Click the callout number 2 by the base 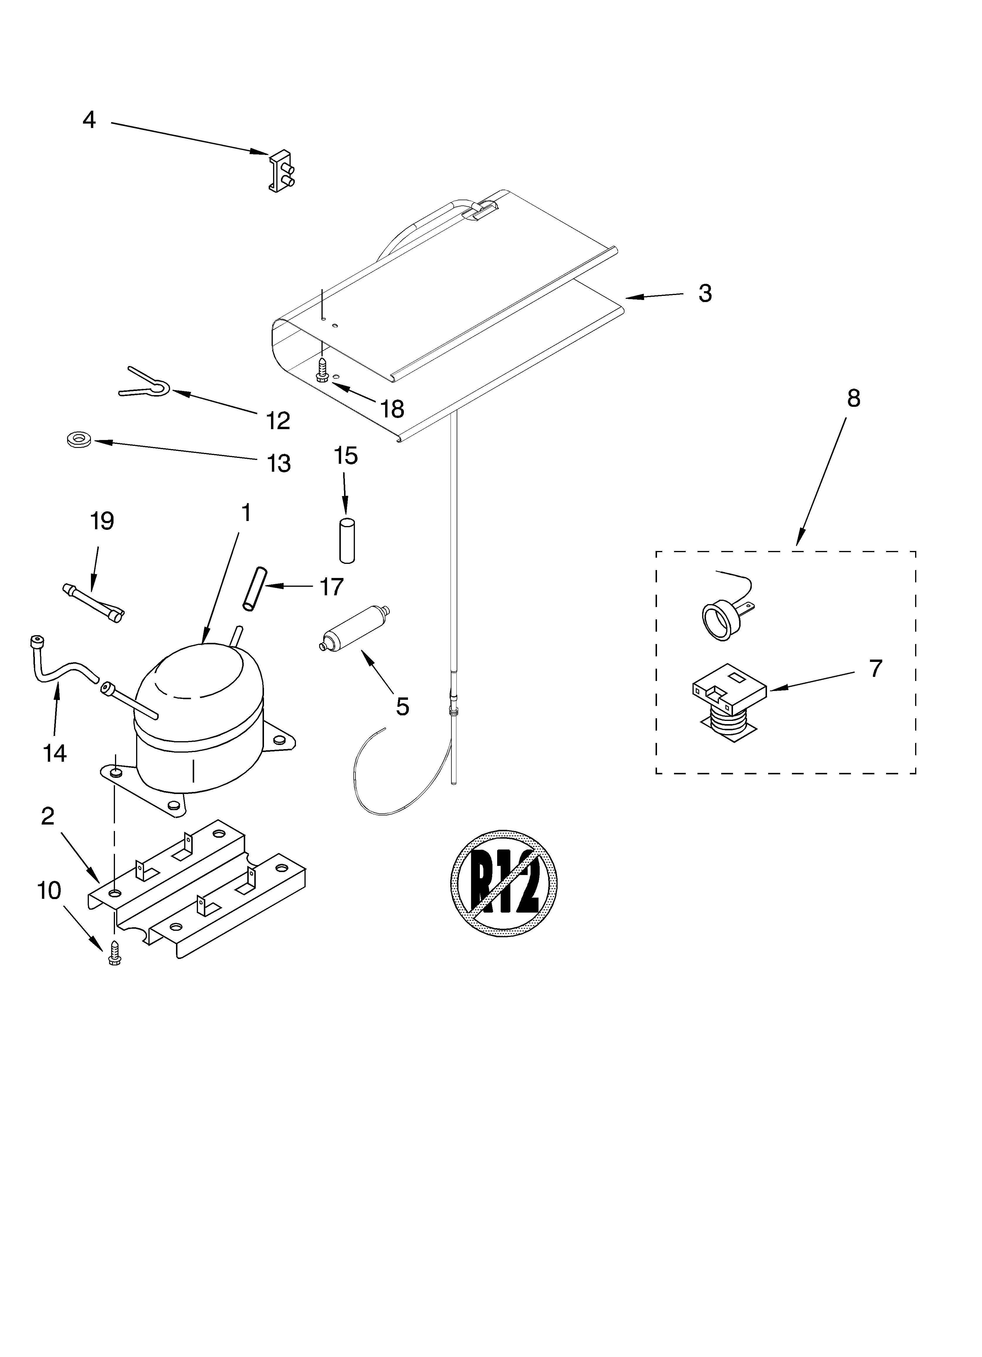point(48,816)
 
